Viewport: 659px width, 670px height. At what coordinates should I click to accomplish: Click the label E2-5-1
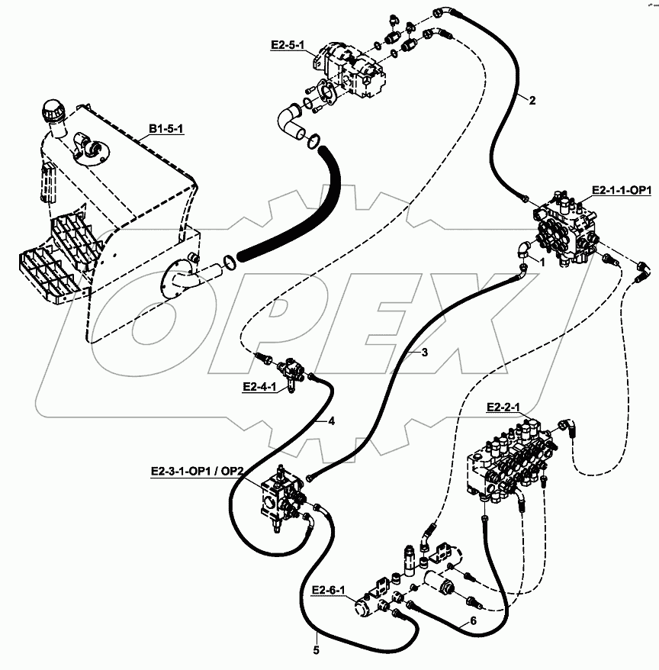288,44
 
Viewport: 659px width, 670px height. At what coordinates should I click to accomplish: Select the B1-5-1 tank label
166,129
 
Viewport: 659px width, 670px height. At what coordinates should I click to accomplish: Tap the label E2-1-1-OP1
622,190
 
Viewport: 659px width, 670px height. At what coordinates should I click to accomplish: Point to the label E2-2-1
503,407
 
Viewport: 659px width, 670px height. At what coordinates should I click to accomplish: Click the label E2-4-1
259,387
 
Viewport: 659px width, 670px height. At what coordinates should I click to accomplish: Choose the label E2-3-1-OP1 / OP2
197,472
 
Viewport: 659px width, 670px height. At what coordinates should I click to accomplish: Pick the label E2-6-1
328,590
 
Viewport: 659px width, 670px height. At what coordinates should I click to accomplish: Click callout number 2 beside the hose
532,101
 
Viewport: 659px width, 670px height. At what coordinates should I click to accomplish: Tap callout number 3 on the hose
424,353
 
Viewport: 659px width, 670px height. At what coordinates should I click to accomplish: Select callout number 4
332,421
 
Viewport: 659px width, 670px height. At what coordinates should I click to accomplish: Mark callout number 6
473,620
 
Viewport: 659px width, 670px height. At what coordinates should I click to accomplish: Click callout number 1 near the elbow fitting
542,263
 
